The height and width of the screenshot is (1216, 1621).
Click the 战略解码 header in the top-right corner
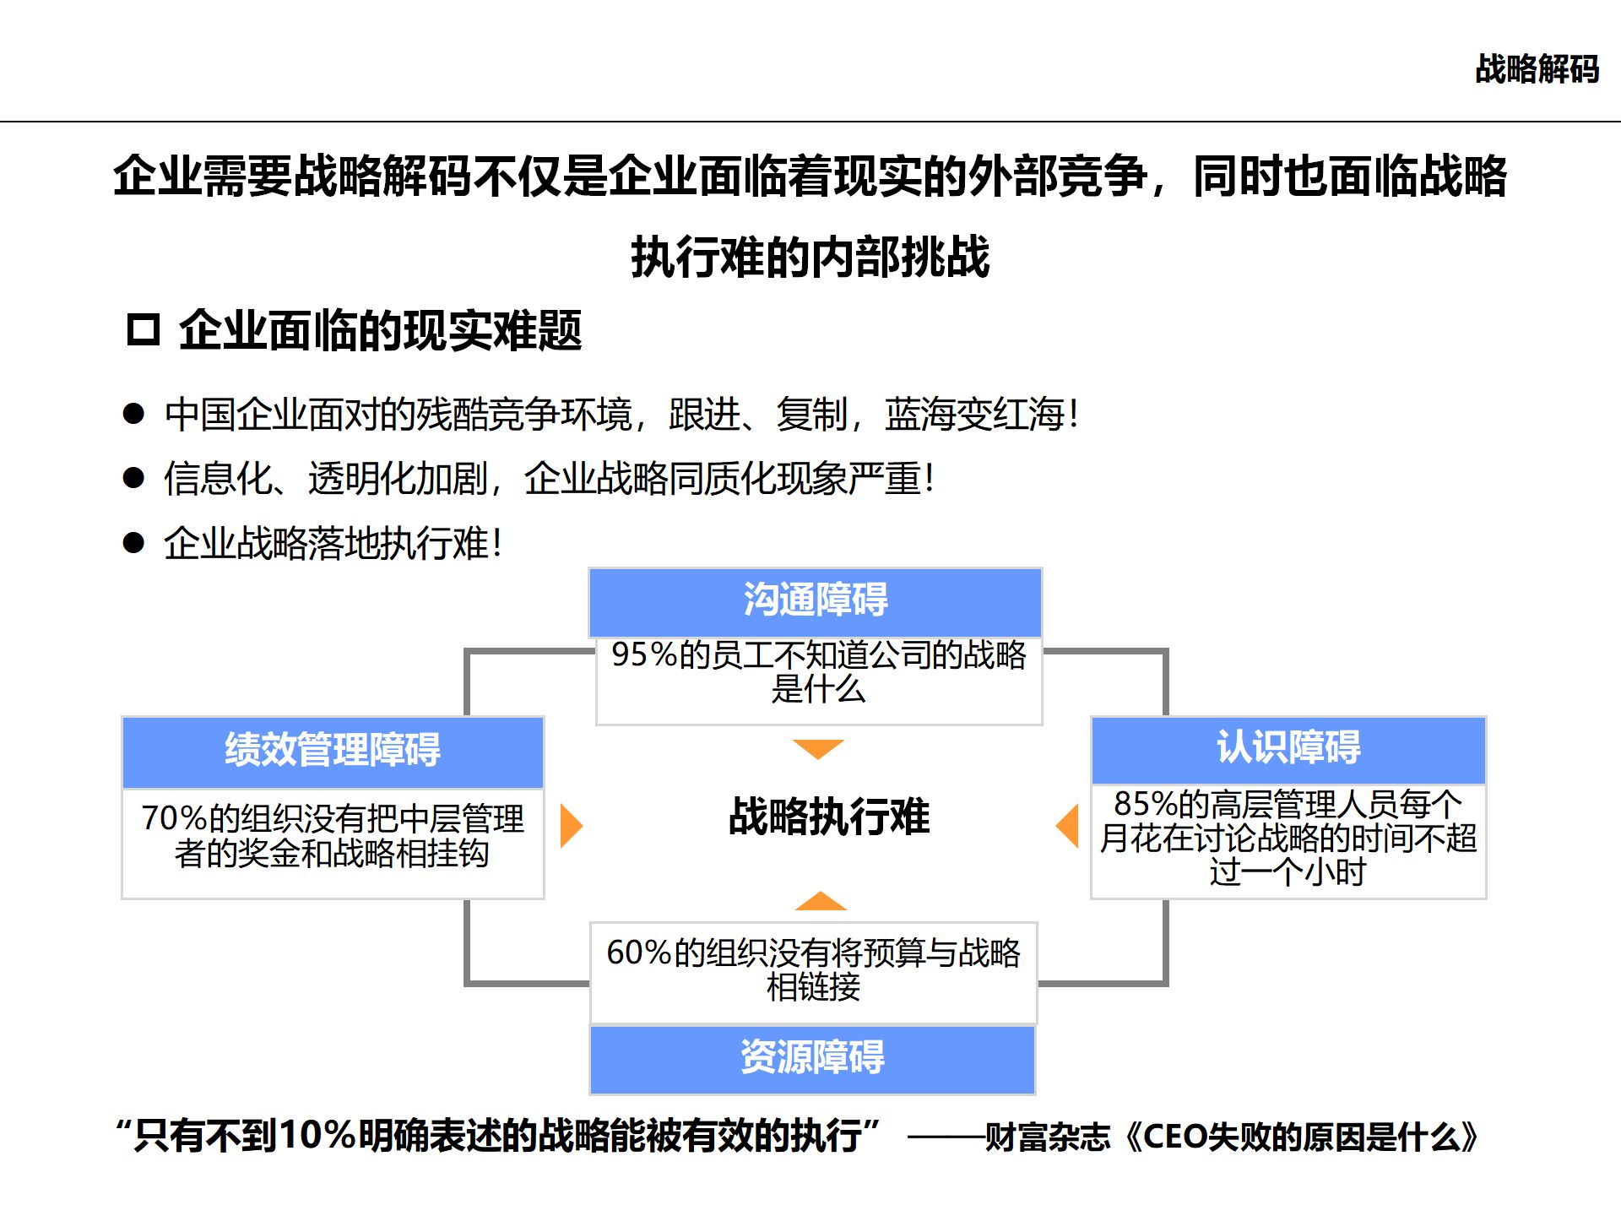[1537, 69]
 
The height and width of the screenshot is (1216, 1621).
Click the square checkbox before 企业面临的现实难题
[144, 329]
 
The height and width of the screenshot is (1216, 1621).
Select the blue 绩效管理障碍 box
[333, 751]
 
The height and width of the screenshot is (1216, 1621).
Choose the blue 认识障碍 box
[1288, 749]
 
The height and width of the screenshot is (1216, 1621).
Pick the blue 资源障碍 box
[812, 1058]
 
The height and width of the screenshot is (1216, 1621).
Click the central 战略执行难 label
[829, 817]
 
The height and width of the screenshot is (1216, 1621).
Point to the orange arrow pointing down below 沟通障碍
[818, 748]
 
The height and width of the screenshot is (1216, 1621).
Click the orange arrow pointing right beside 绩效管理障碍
[571, 825]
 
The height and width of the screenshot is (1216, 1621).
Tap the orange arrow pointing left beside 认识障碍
[1069, 825]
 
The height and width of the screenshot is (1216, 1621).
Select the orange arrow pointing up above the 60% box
[820, 901]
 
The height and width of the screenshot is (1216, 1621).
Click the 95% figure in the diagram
[644, 655]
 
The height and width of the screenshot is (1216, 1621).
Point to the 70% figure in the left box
[174, 818]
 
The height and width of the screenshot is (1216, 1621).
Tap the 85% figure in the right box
[1146, 803]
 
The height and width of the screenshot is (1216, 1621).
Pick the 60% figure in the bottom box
[639, 953]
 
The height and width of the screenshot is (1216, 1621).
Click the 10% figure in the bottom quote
[317, 1136]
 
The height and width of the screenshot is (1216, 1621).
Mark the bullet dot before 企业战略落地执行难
[133, 542]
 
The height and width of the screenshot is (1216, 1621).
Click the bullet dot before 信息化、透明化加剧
[133, 478]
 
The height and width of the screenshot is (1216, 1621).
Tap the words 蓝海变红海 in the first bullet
[974, 414]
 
